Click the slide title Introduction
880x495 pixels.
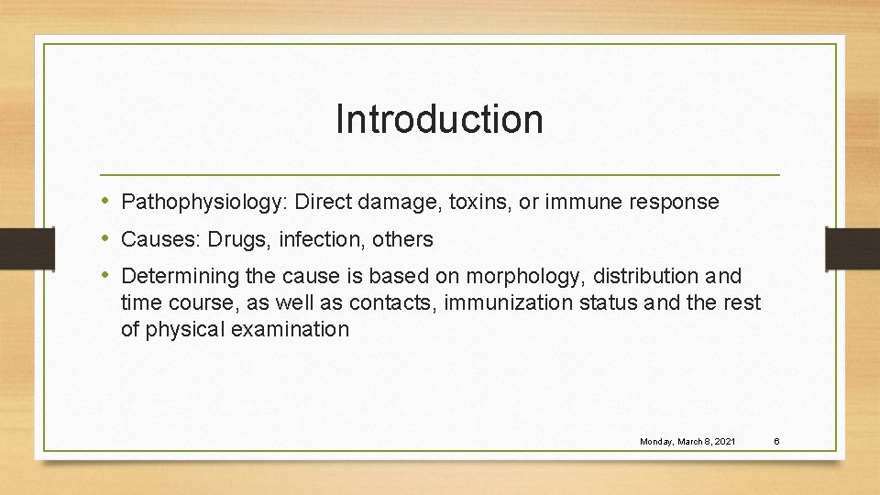(439, 119)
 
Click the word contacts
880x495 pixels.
(398, 302)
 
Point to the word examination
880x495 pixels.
(291, 329)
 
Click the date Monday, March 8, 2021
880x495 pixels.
(687, 442)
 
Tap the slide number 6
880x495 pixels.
(775, 442)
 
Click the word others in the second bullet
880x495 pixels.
(403, 239)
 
